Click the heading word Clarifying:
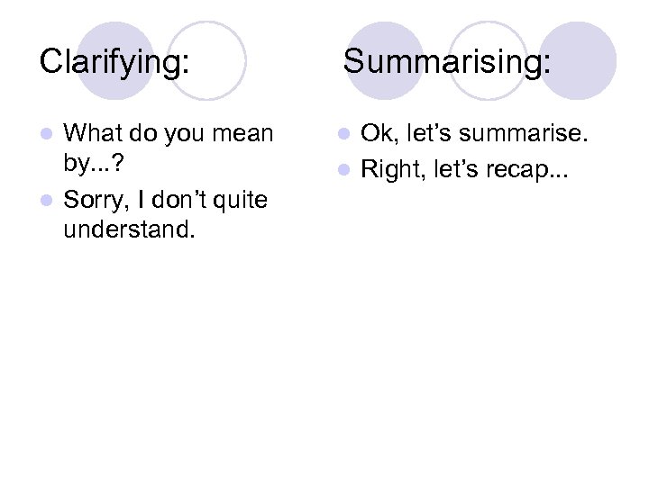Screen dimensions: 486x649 [114, 62]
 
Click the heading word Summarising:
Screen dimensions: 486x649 [447, 62]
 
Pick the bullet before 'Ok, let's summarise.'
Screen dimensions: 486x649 [347, 135]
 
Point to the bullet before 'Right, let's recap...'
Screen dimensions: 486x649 [347, 167]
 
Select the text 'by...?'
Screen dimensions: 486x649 [95, 166]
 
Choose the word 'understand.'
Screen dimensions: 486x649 [128, 231]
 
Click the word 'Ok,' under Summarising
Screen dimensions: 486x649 [379, 134]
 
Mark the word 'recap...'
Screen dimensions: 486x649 [532, 168]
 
